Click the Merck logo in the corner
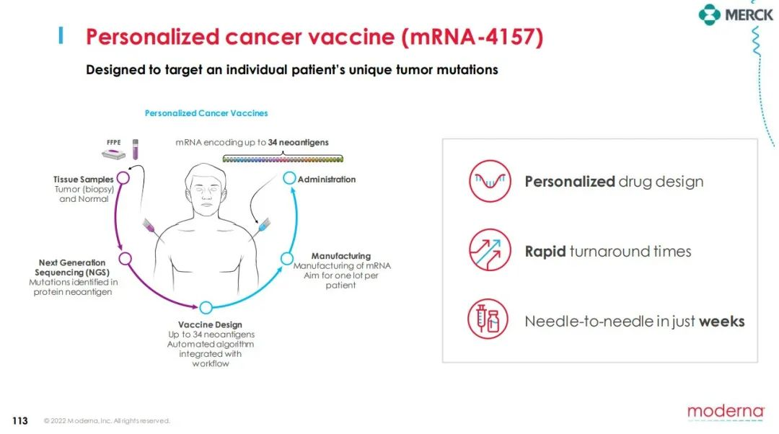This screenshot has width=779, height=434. tap(736, 14)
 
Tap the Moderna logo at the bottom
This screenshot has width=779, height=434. tap(726, 412)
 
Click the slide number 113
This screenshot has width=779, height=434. tap(20, 420)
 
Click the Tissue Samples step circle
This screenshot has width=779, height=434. tap(123, 178)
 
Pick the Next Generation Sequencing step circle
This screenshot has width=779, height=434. tap(126, 259)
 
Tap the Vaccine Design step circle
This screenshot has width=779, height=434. tap(206, 308)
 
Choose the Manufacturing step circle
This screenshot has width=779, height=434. tap(287, 258)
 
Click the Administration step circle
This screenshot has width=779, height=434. tap(289, 178)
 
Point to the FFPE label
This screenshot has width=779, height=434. tap(114, 142)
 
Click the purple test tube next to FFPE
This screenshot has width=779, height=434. tap(135, 149)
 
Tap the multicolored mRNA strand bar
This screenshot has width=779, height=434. tap(283, 159)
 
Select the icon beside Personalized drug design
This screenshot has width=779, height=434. tap(490, 181)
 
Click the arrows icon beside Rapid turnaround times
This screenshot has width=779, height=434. tap(490, 249)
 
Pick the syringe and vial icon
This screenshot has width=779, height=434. tap(488, 319)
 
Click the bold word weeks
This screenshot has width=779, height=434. tap(722, 322)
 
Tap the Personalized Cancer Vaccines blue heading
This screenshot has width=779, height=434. tap(206, 113)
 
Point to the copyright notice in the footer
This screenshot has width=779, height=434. tap(107, 421)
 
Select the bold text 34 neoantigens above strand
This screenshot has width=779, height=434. tap(298, 143)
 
